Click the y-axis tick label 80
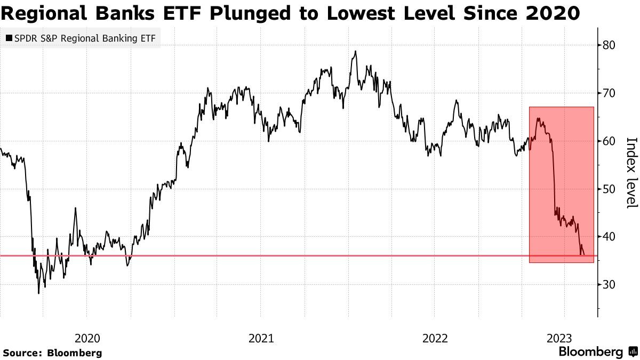(609, 45)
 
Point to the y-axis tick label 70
(609, 93)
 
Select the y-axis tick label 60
(609, 141)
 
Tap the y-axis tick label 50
(609, 189)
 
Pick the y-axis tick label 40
(609, 237)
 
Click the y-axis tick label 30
(609, 285)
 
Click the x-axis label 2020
(87, 338)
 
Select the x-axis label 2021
(261, 338)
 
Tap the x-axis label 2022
(435, 338)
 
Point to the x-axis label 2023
(559, 338)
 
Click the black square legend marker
(9, 38)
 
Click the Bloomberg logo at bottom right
(597, 352)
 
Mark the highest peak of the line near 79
(355, 51)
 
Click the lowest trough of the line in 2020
(38, 293)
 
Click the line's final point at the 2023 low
(585, 255)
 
